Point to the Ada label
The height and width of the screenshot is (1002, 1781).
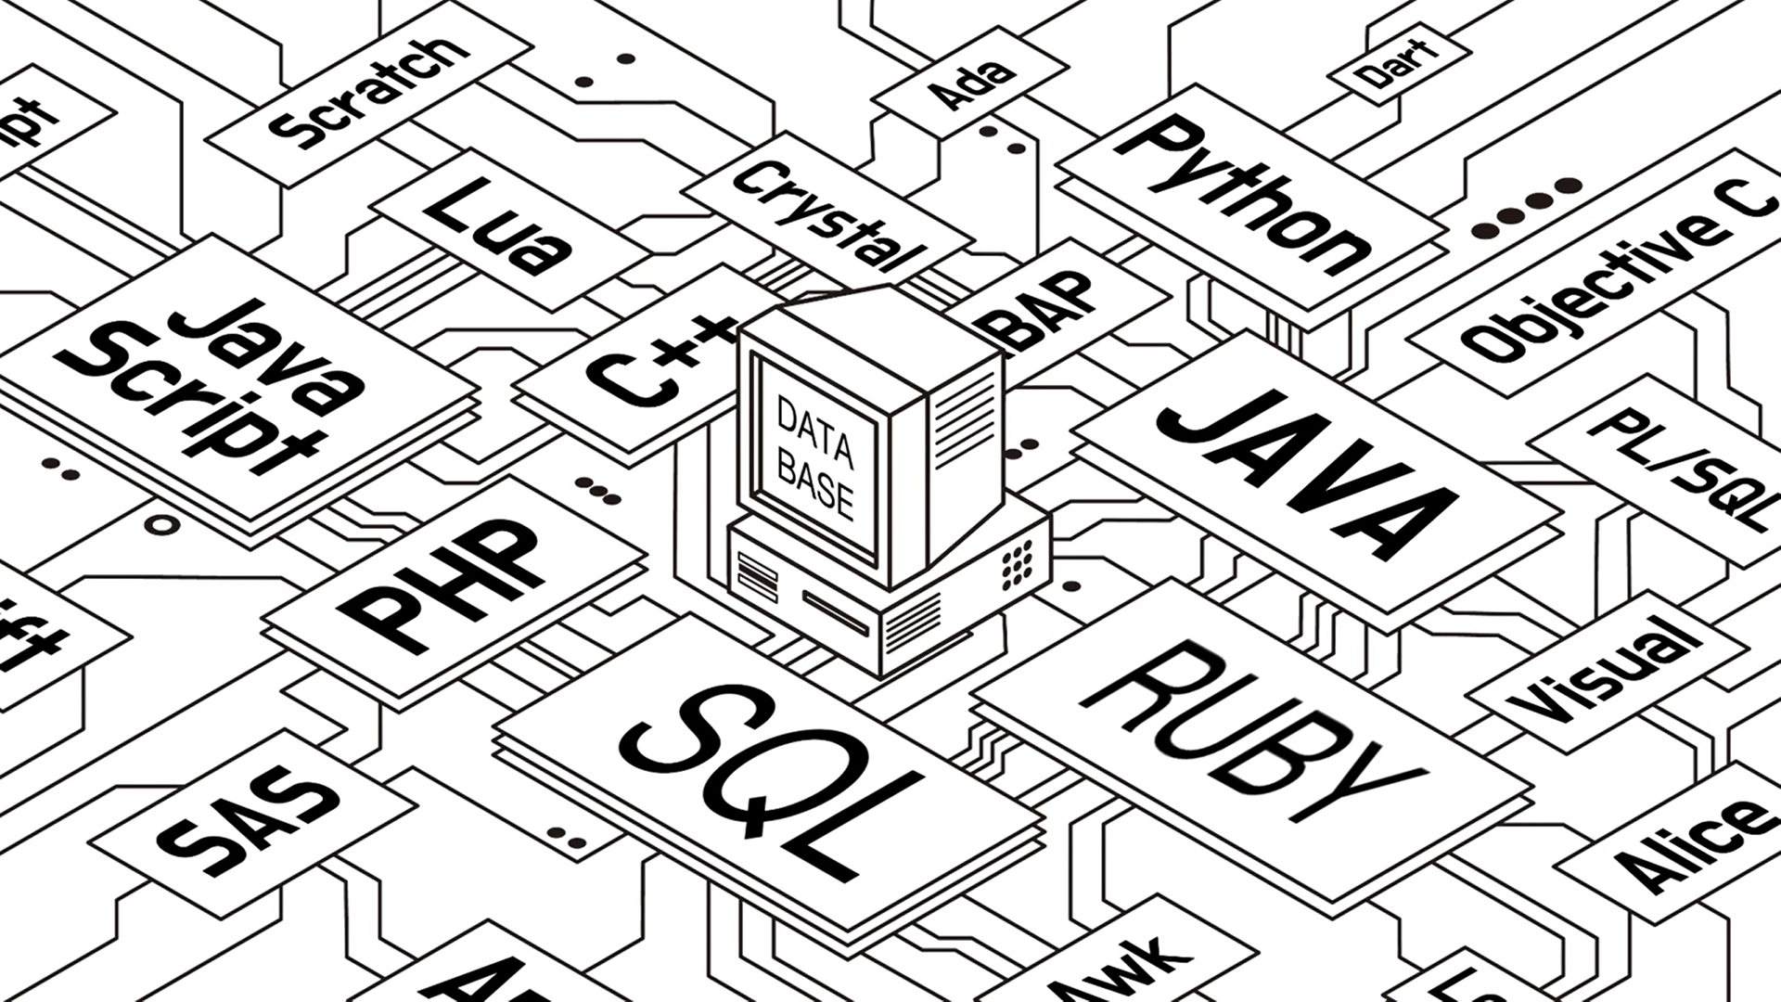pyautogui.click(x=970, y=84)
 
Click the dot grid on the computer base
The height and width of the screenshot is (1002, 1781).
pyautogui.click(x=1017, y=560)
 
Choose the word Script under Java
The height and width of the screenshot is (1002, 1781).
pyautogui.click(x=199, y=399)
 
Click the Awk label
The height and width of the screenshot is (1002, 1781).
pyautogui.click(x=1118, y=970)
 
